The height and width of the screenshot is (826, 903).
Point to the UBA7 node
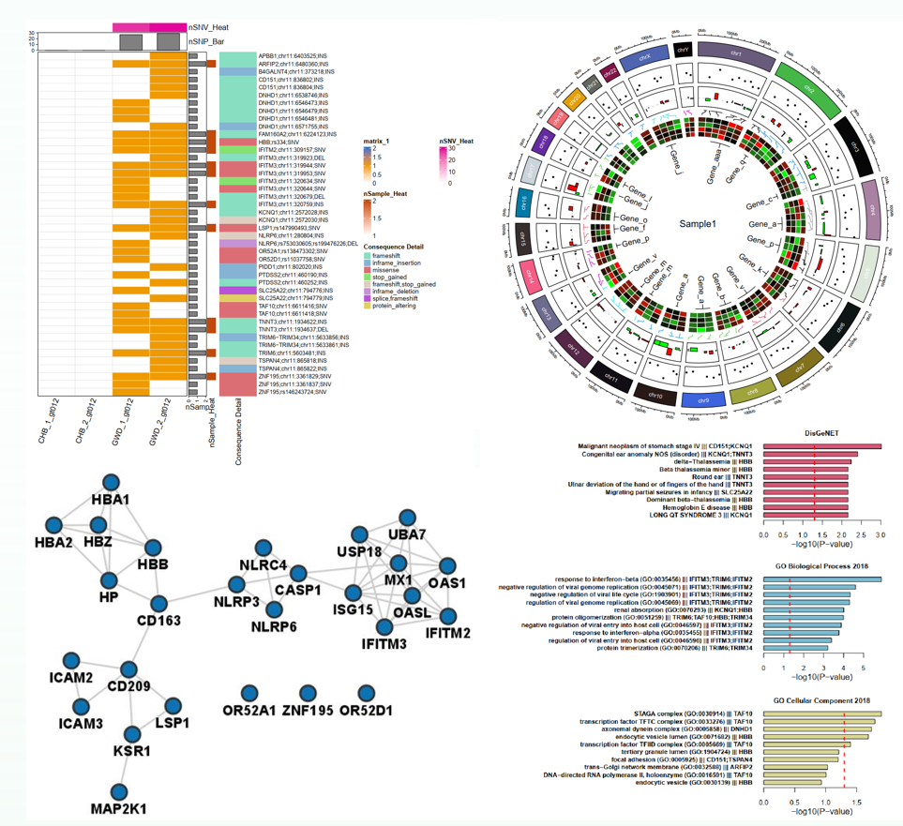coord(406,518)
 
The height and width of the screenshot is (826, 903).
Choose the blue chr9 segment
coord(701,398)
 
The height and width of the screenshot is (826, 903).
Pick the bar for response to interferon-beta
coord(823,579)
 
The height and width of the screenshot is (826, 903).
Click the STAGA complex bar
coord(823,713)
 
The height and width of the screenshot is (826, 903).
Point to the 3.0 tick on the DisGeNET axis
coord(880,534)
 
